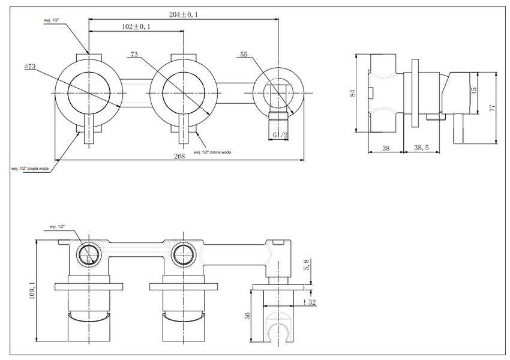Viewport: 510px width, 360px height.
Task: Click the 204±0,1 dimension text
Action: [x=184, y=14]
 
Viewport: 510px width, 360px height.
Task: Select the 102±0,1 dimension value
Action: [x=136, y=26]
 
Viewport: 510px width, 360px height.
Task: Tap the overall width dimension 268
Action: [x=179, y=156]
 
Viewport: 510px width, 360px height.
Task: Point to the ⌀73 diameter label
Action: [x=29, y=67]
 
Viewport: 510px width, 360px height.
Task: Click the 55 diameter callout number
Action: [x=244, y=55]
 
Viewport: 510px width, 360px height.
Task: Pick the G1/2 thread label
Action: [x=280, y=135]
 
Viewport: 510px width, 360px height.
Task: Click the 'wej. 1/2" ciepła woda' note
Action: [x=30, y=169]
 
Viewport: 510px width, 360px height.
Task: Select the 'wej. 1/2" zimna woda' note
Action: [x=212, y=152]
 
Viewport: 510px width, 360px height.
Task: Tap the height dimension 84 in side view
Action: [x=353, y=93]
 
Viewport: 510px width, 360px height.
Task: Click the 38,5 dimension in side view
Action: [x=421, y=148]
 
